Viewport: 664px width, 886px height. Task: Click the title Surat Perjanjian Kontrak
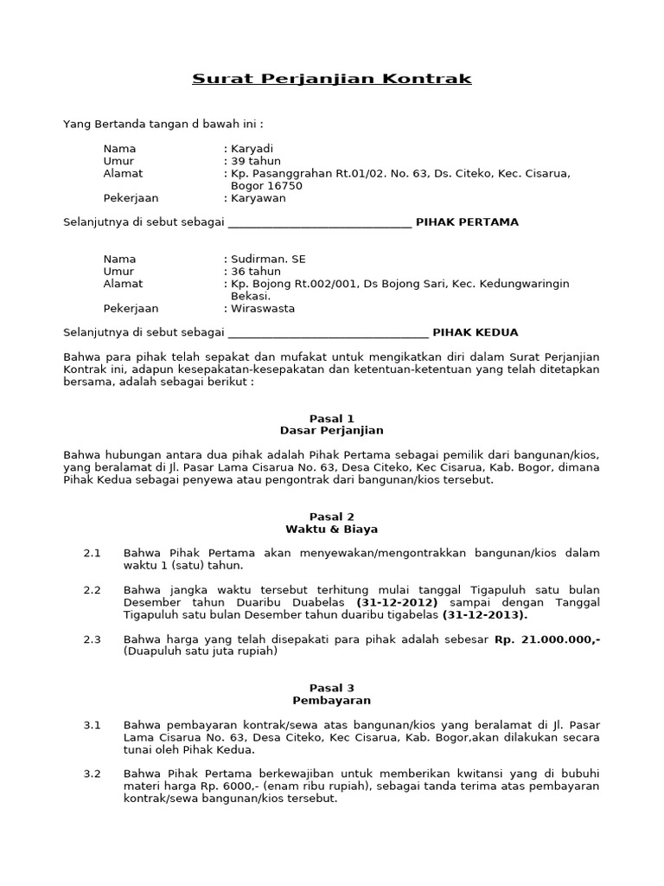pos(331,79)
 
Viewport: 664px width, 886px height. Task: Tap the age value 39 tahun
pos(255,161)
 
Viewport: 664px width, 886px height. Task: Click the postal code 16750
pos(284,185)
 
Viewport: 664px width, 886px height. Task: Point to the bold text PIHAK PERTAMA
pos(467,222)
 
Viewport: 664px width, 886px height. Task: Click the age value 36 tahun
pos(255,272)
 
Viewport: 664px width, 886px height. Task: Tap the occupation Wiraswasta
pos(263,308)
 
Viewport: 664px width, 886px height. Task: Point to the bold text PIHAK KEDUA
pos(475,332)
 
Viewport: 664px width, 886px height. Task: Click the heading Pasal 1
pos(331,418)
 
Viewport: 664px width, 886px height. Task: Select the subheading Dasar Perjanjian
pos(331,430)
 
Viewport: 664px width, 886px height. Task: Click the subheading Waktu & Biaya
pos(331,529)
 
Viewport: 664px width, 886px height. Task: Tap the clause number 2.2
pos(93,590)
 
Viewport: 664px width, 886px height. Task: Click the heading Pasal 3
pos(331,688)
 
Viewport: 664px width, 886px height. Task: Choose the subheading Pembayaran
pos(331,700)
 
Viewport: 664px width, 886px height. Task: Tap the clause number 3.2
pos(93,774)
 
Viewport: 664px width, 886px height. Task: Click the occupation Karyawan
pos(258,198)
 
